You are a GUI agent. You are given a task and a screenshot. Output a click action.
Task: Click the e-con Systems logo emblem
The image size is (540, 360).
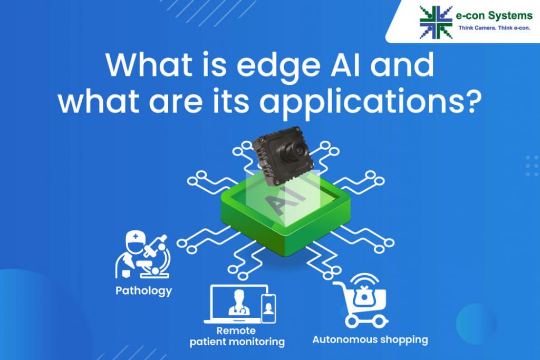coord(436,22)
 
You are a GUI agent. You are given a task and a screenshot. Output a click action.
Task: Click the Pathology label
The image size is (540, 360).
coord(144,290)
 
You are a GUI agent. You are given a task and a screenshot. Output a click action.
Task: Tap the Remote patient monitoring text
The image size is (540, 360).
coord(237,336)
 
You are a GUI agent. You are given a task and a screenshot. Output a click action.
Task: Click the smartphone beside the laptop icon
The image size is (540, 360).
coord(268,308)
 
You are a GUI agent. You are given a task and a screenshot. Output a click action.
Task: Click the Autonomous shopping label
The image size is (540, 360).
coord(370,339)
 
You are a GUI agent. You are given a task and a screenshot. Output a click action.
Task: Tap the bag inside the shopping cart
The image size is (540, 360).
coord(363,298)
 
